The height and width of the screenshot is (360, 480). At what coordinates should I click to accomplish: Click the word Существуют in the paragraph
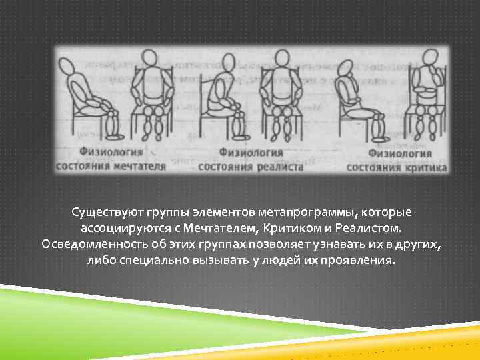point(101,213)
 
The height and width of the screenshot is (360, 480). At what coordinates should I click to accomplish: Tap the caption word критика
point(424,167)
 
